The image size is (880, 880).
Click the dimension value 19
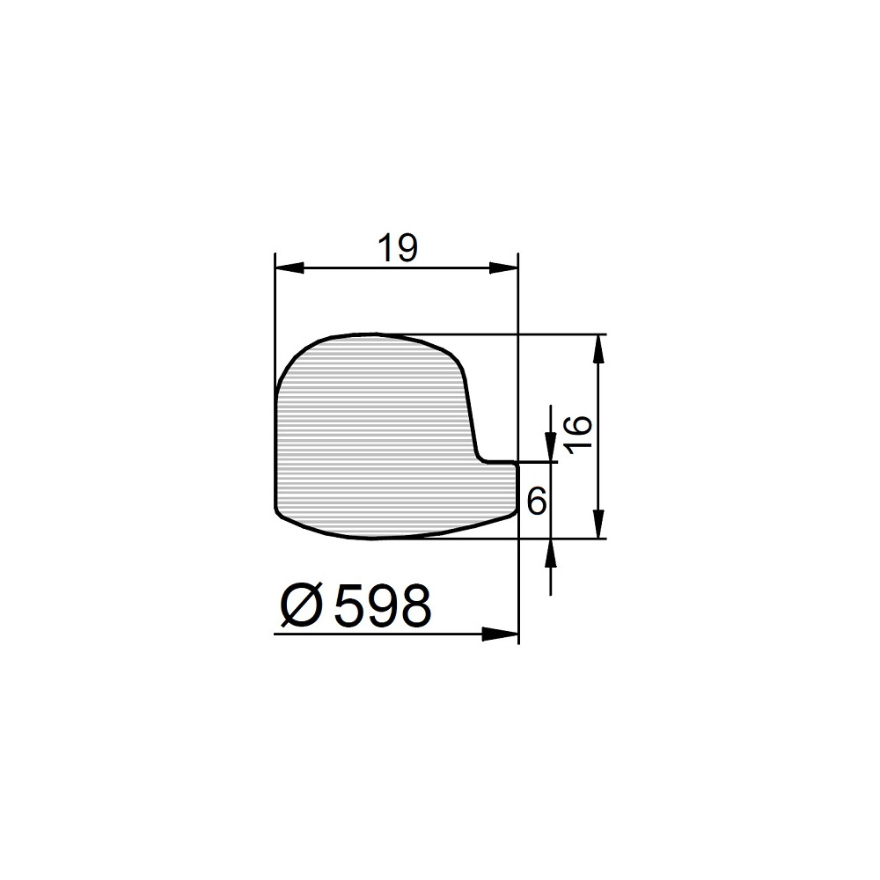click(x=398, y=249)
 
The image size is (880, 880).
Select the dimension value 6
click(x=537, y=501)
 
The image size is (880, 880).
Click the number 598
click(x=383, y=606)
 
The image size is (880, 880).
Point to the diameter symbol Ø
click(x=303, y=606)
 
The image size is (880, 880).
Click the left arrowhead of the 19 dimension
click(x=290, y=268)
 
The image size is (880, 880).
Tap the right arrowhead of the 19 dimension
click(x=503, y=268)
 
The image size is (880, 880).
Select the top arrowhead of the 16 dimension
click(x=599, y=348)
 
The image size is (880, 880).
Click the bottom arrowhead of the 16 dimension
click(x=599, y=524)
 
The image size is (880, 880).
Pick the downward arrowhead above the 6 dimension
click(x=551, y=447)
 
